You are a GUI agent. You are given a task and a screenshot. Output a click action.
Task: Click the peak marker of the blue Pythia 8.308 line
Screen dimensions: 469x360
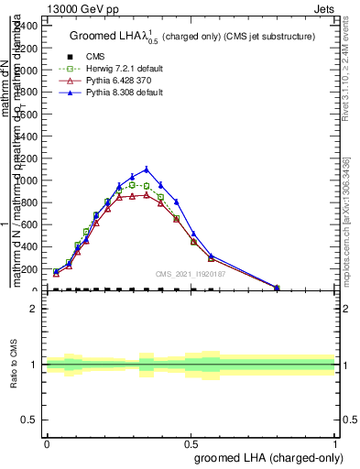(x=147, y=169)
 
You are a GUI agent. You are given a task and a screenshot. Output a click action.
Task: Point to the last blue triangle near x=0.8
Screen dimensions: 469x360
(x=277, y=287)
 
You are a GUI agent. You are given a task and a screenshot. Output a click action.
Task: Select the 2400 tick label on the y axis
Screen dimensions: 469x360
(x=27, y=26)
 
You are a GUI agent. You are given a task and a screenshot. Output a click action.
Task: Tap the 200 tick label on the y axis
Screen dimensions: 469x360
(x=29, y=269)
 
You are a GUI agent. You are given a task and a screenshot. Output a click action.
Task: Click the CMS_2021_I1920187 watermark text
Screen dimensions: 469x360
(x=191, y=273)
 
